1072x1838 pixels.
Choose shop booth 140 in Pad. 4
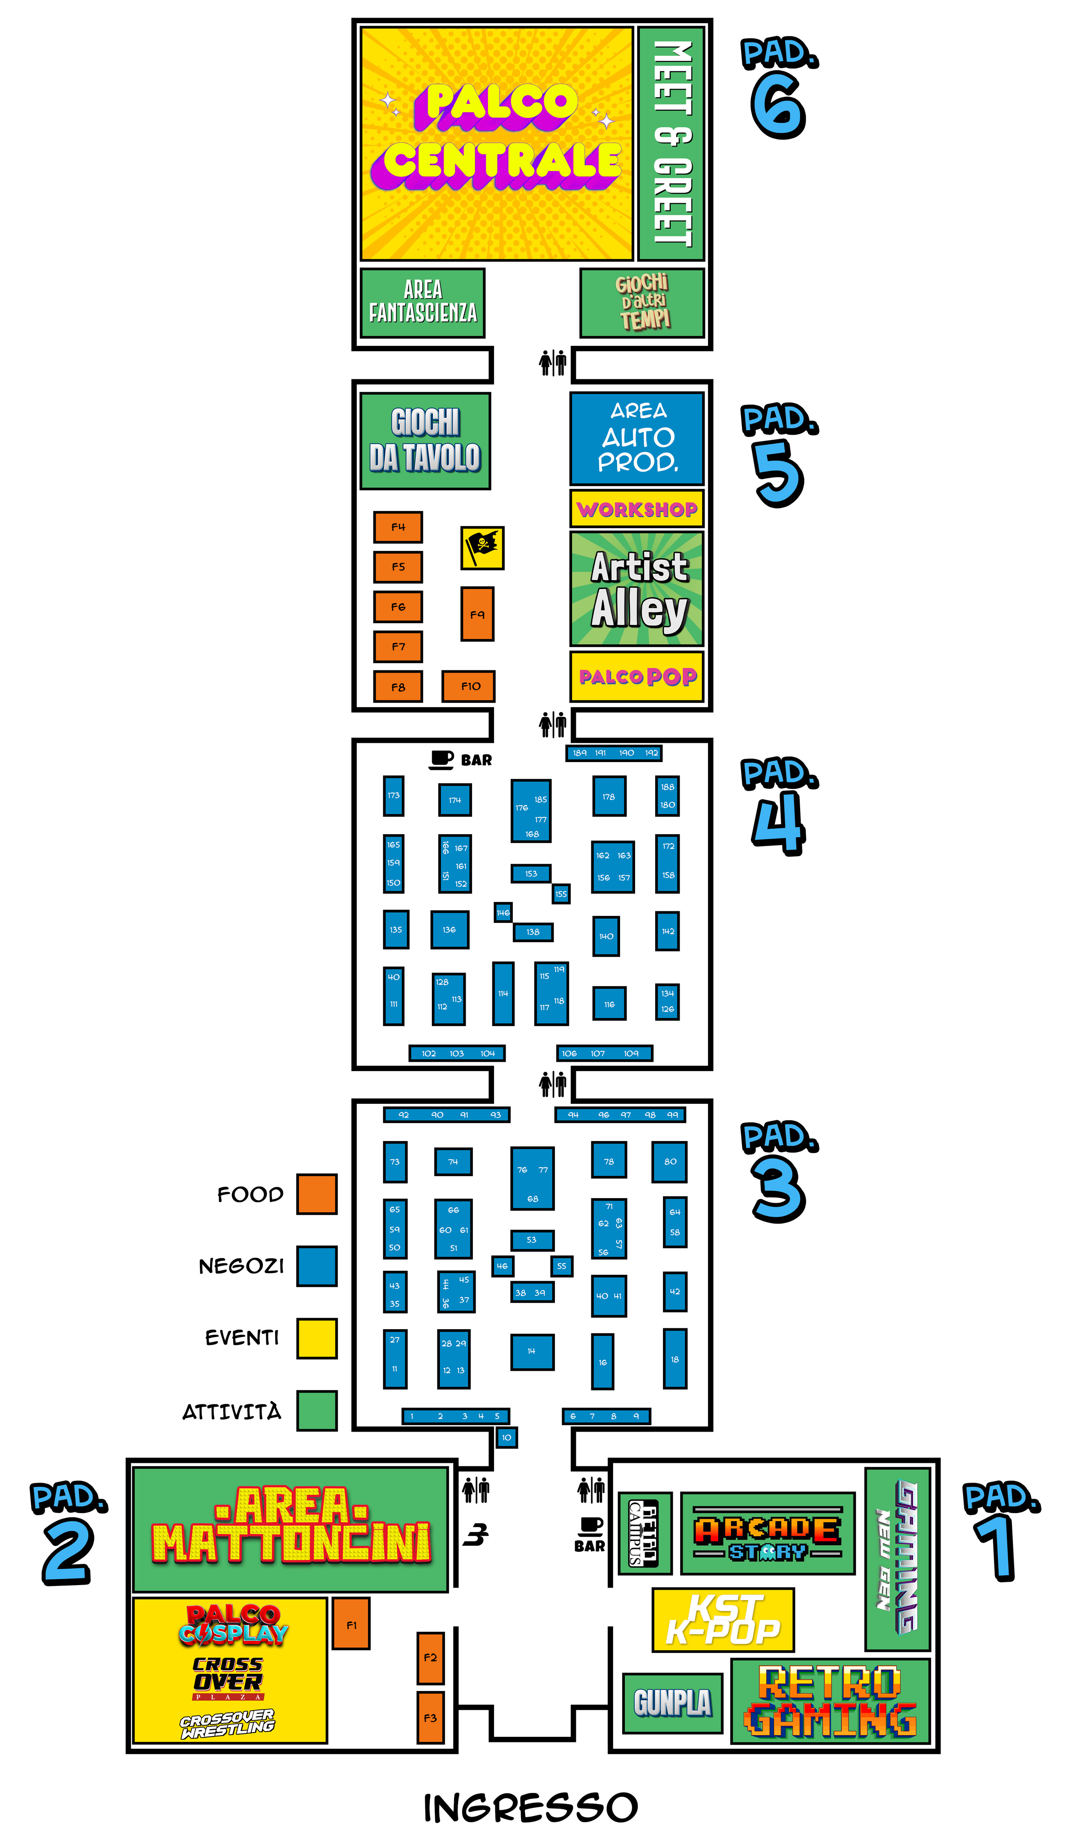coord(606,936)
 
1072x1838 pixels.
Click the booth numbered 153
coord(530,873)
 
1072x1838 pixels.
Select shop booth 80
coord(669,1161)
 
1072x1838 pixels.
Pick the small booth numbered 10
coord(506,1437)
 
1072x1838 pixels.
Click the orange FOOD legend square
coord(317,1194)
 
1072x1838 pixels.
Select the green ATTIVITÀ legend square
coord(317,1411)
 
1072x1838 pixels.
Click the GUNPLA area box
coord(672,1703)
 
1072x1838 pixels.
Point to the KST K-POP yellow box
coord(723,1620)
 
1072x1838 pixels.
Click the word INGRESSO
coord(530,1808)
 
